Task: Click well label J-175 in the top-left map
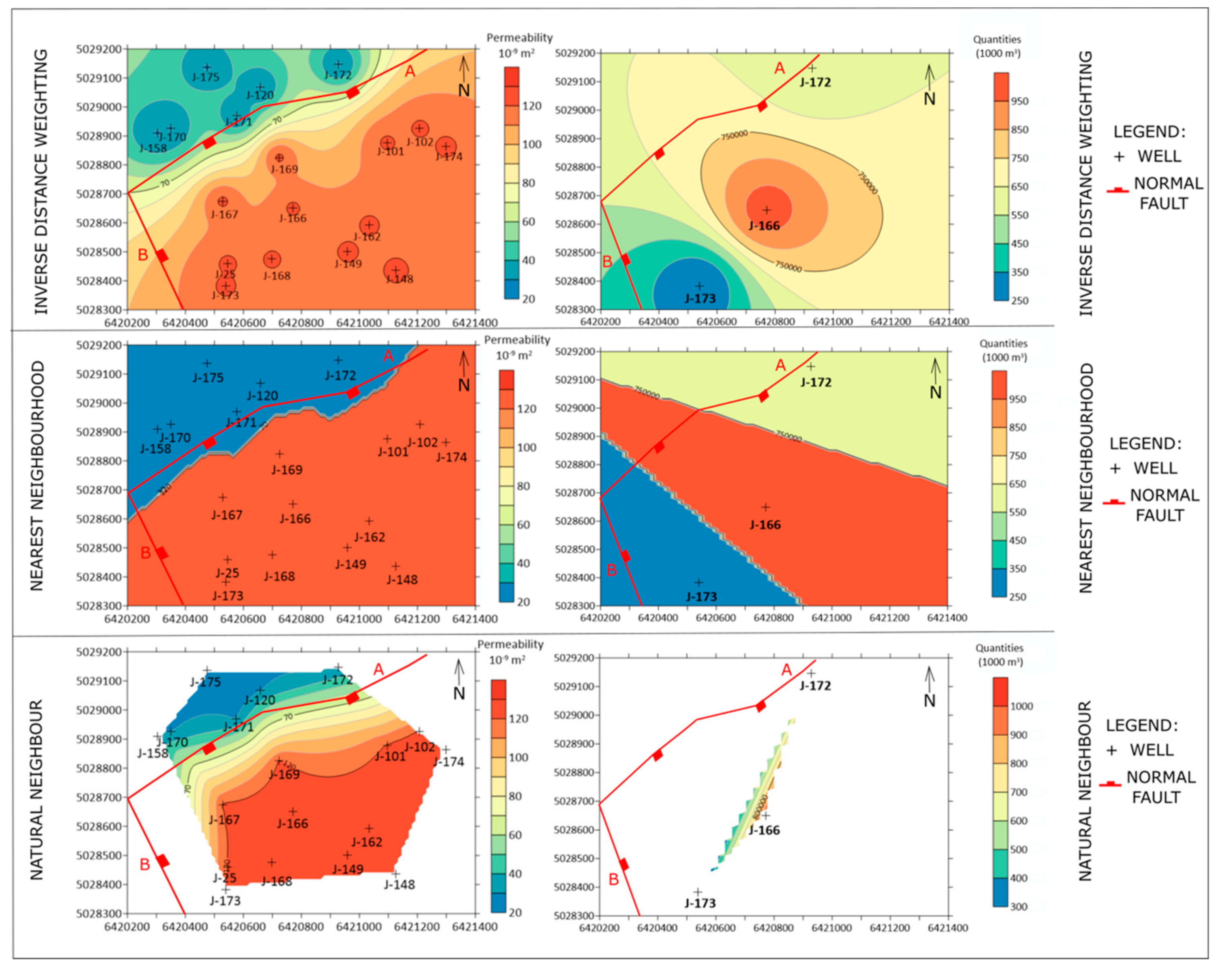[205, 77]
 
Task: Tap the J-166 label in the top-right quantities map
[764, 226]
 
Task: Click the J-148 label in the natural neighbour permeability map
[399, 884]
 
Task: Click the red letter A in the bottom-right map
[786, 670]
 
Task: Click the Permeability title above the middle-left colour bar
[517, 340]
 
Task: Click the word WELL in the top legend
[1159, 156]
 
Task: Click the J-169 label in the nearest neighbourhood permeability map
[287, 470]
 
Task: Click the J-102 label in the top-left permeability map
[420, 142]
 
